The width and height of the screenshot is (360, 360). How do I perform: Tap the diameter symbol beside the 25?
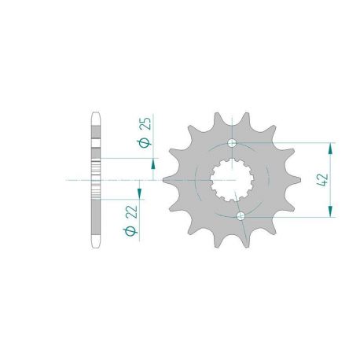tap(145, 143)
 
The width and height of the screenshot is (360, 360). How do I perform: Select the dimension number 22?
tap(132, 212)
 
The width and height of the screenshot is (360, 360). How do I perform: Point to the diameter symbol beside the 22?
tap(130, 231)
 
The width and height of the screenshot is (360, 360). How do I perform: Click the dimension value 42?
tap(323, 180)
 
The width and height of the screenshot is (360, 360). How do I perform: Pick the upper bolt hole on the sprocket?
tap(232, 143)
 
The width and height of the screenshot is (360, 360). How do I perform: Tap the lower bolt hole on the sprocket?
tap(241, 216)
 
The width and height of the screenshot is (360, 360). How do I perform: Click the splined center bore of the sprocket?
tap(232, 180)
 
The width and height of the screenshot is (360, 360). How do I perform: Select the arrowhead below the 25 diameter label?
tap(153, 164)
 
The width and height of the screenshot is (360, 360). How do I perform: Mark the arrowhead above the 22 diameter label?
tap(139, 193)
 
